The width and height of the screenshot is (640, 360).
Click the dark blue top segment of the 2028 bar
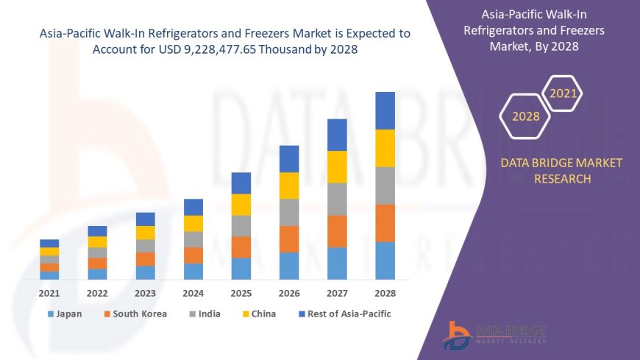[x=385, y=110]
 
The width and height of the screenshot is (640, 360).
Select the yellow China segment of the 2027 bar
[x=337, y=167]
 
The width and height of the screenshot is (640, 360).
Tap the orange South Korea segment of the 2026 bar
[x=289, y=239]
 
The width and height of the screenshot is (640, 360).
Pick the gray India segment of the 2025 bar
[x=241, y=225]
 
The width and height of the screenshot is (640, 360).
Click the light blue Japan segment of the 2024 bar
[x=193, y=271]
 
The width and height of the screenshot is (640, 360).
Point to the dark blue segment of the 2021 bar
[x=49, y=243]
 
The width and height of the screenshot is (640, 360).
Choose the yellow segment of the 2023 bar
[x=146, y=233]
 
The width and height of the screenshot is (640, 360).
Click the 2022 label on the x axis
[x=97, y=293]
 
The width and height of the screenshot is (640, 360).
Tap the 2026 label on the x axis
[x=289, y=293]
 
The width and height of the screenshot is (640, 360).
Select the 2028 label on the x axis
[x=385, y=293]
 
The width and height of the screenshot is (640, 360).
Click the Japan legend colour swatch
[x=51, y=314]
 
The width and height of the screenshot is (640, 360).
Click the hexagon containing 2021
[x=563, y=94]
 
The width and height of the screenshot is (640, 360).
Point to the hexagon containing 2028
[x=525, y=116]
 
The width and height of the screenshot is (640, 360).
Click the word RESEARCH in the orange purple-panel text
[x=561, y=179]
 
